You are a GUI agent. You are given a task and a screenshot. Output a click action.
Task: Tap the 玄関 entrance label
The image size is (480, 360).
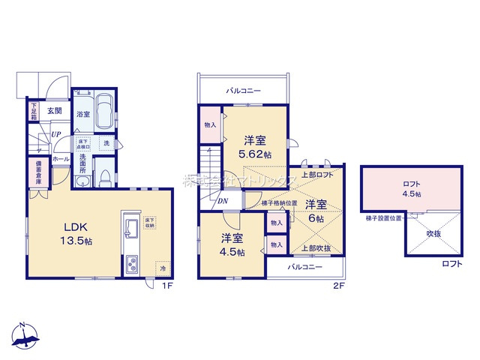(54, 111)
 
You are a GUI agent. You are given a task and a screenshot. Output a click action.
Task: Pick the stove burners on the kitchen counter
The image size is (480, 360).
(131, 264)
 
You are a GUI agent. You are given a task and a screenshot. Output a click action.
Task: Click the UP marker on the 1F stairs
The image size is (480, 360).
(55, 136)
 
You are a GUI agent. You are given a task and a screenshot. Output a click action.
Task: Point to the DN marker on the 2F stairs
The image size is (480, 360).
(223, 201)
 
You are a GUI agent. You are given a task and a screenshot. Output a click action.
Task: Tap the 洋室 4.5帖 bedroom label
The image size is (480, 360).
(232, 245)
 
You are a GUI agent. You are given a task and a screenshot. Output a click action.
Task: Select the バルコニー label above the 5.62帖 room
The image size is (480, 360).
(244, 90)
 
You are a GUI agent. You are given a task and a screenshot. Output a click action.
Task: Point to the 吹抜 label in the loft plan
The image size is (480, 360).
(433, 235)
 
